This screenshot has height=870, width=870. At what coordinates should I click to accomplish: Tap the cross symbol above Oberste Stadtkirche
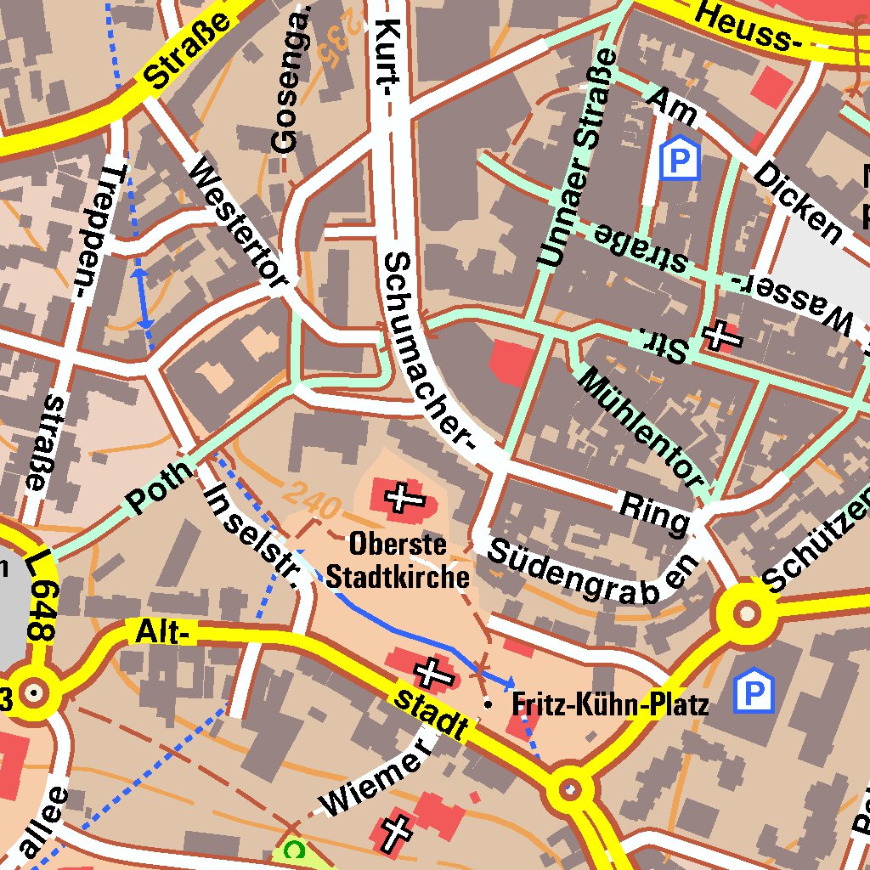399,497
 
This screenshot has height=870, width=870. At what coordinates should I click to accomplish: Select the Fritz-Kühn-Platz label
610,704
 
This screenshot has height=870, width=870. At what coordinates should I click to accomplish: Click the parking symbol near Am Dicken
679,158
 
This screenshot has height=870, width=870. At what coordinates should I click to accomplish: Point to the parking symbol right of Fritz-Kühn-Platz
754,691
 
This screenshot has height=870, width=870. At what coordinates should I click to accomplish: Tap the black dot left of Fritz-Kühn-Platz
487,704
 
